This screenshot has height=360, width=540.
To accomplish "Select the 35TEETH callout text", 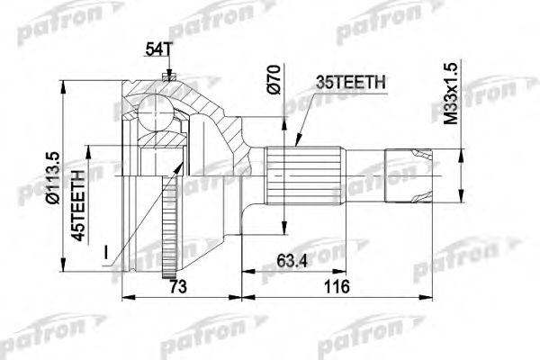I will pos(353,84).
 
